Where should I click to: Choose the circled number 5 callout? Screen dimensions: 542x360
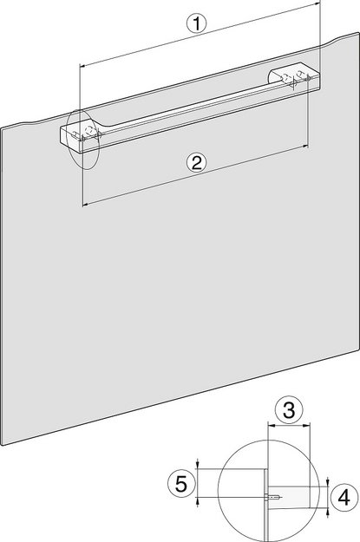coord(179,482)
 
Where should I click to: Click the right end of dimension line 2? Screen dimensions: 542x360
coord(308,147)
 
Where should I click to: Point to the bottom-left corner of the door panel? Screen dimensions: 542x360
coord(6,445)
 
